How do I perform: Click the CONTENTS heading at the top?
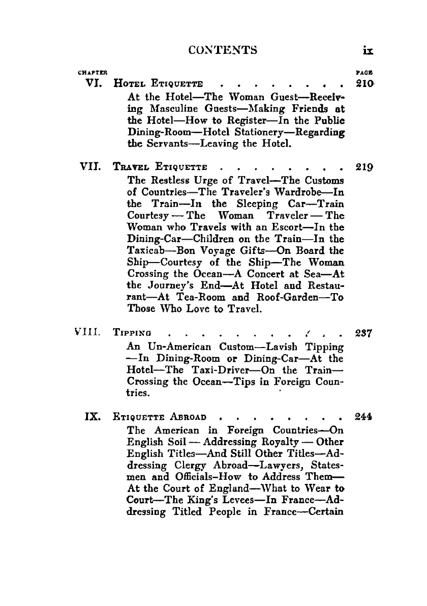click(x=222, y=50)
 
